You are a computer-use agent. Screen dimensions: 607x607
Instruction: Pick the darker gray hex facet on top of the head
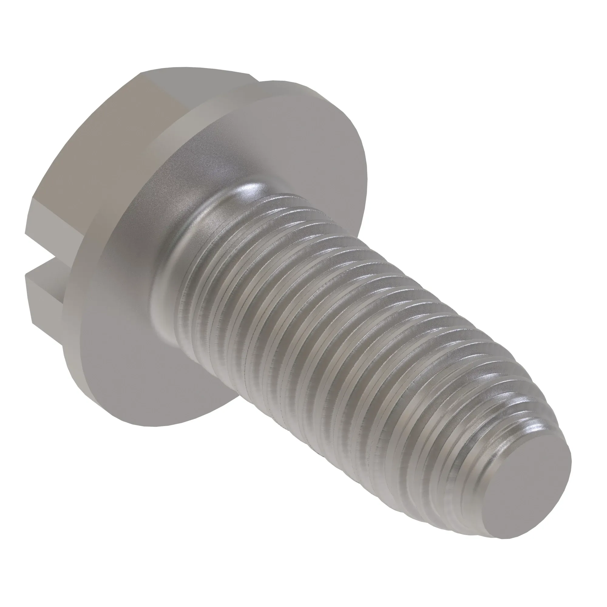[201, 85]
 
